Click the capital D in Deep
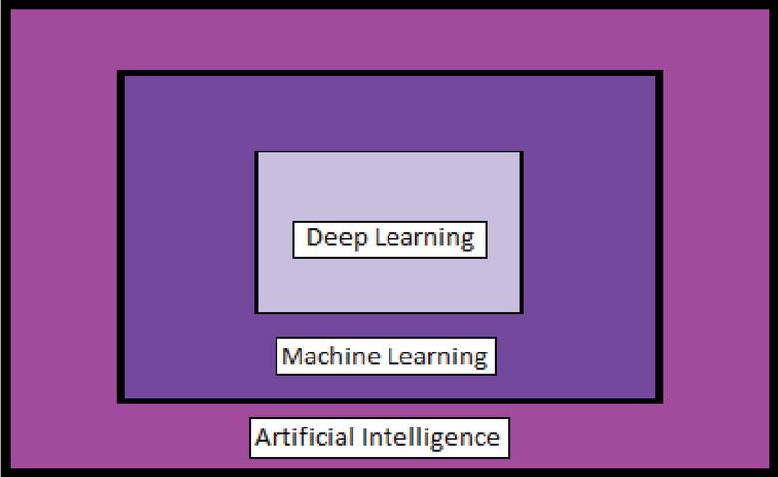tap(314, 239)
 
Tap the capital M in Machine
tap(292, 357)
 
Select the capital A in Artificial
tap(263, 437)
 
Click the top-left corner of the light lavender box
tap(256, 152)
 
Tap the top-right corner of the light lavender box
tap(522, 152)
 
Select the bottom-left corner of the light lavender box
tap(256, 312)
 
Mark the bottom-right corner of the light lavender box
tap(522, 312)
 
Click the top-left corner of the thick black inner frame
tap(120, 74)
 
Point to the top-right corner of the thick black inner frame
tap(660, 74)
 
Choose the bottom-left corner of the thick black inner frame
tap(120, 400)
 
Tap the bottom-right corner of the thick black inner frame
tap(660, 400)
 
